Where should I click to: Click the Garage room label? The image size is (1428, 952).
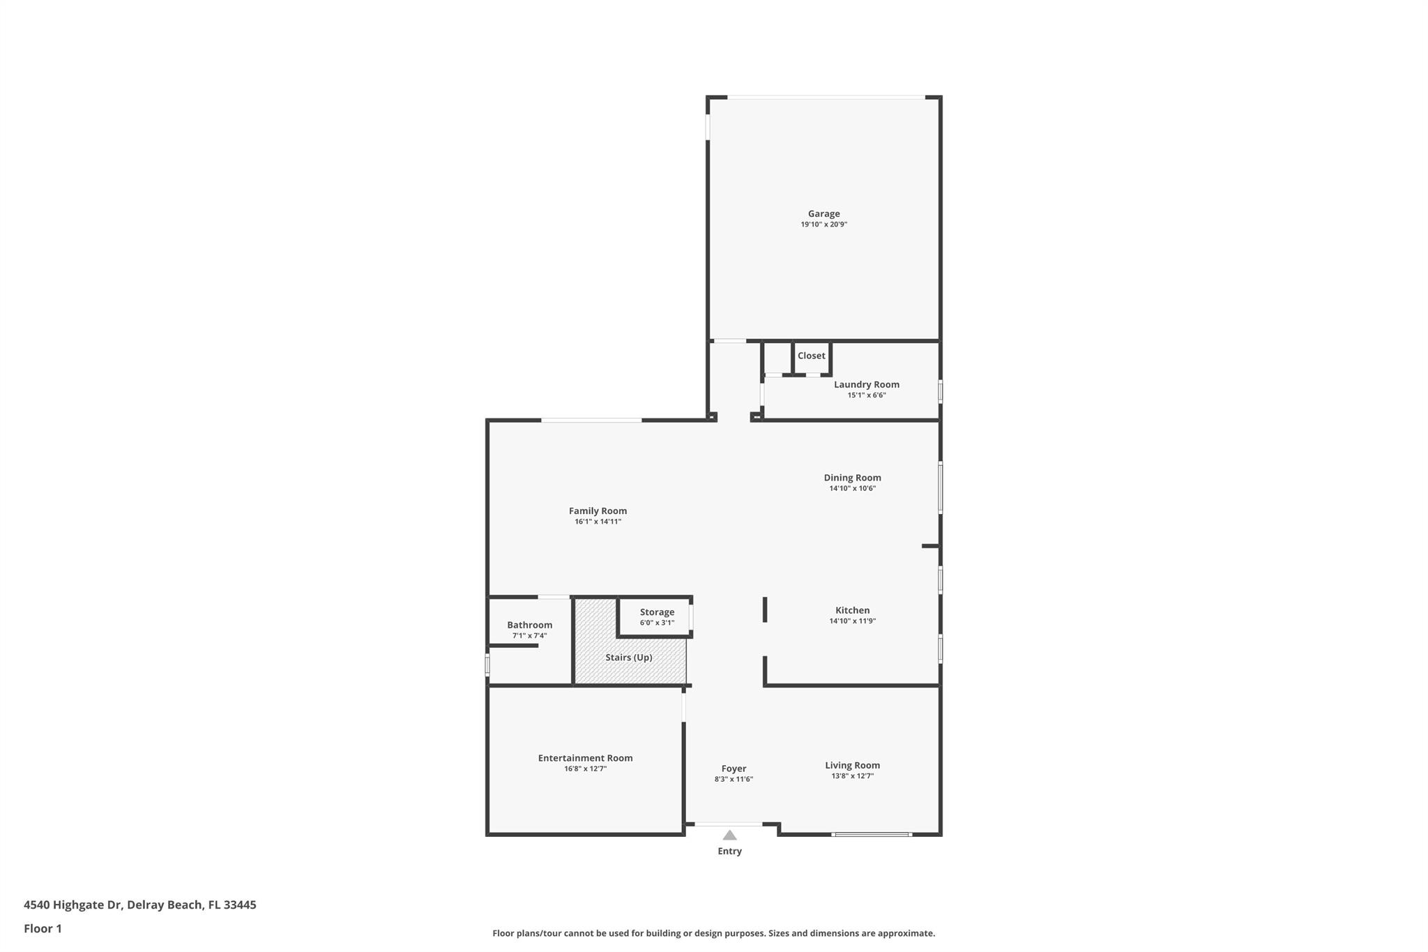(823, 214)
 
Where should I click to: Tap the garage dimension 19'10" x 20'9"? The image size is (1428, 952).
(823, 225)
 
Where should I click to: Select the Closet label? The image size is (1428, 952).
(811, 356)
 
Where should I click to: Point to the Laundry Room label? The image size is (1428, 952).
(867, 384)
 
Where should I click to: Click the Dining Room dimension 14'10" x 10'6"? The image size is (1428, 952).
(852, 488)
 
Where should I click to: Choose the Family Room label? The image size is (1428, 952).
(598, 511)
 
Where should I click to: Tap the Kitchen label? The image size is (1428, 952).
(852, 610)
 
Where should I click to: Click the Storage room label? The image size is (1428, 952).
(657, 612)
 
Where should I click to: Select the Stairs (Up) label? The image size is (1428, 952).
(629, 658)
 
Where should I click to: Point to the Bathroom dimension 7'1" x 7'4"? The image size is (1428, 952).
(529, 635)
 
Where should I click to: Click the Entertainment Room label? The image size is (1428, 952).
(585, 758)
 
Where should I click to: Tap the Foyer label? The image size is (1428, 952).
(734, 769)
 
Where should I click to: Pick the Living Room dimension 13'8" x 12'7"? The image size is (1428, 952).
(852, 776)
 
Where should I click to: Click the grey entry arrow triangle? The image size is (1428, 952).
(729, 835)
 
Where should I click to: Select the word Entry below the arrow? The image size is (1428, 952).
(729, 851)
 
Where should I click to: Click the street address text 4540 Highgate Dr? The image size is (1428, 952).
(73, 905)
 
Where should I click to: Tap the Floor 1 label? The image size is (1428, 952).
(43, 928)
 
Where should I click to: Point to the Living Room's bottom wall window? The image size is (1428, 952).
(872, 834)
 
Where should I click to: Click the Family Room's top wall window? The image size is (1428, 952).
(591, 420)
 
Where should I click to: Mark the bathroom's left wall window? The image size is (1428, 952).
(487, 664)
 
